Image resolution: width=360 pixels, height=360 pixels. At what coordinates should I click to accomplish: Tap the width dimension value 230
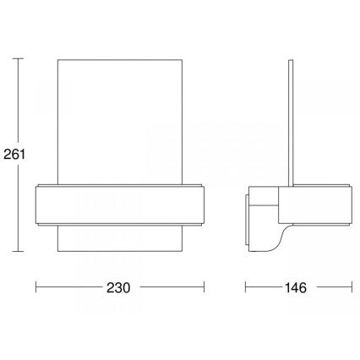(120, 287)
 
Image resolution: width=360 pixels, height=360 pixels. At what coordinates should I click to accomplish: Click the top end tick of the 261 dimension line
(20, 59)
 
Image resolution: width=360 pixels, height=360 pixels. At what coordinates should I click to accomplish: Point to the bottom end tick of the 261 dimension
(20, 253)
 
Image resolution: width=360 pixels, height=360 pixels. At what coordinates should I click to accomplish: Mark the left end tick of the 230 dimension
(35, 287)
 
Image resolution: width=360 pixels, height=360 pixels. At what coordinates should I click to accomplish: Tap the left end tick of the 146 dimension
(246, 287)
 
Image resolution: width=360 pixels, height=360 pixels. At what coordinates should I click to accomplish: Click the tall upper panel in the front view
(121, 118)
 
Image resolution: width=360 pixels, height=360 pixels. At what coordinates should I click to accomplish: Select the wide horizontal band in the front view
(121, 204)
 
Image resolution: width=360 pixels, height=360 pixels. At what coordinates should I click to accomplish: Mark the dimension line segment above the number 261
(20, 101)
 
